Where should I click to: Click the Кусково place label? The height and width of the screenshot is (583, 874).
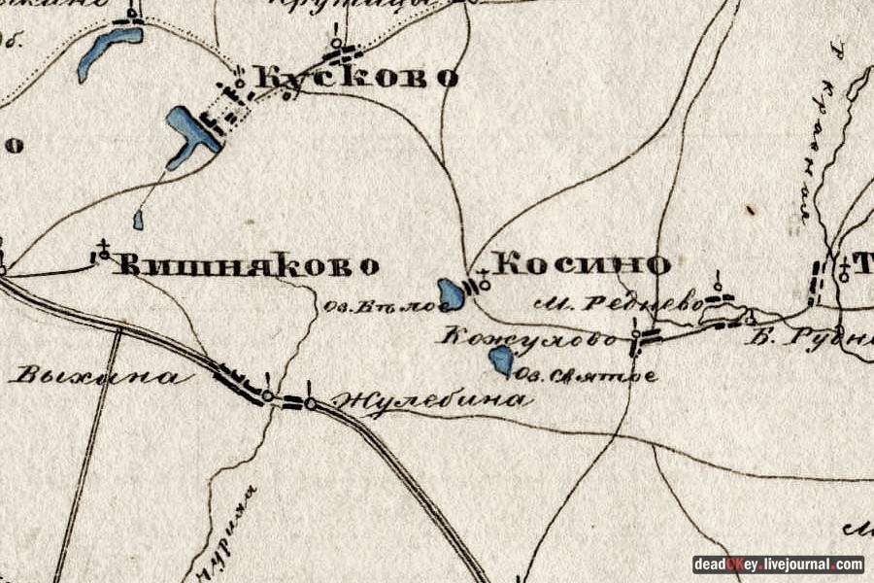point(354,78)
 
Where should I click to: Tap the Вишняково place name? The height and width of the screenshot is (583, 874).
point(248,265)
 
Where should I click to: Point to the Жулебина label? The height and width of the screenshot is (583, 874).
point(432,399)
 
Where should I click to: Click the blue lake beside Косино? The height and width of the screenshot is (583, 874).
point(451,293)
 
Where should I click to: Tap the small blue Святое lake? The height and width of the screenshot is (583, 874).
point(501,361)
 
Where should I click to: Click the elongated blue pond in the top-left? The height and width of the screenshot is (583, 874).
point(109,51)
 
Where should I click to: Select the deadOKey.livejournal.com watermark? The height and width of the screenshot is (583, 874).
point(777,565)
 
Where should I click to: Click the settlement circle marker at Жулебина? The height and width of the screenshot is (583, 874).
point(310,402)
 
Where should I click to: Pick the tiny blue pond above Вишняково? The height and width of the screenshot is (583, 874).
point(138,220)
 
